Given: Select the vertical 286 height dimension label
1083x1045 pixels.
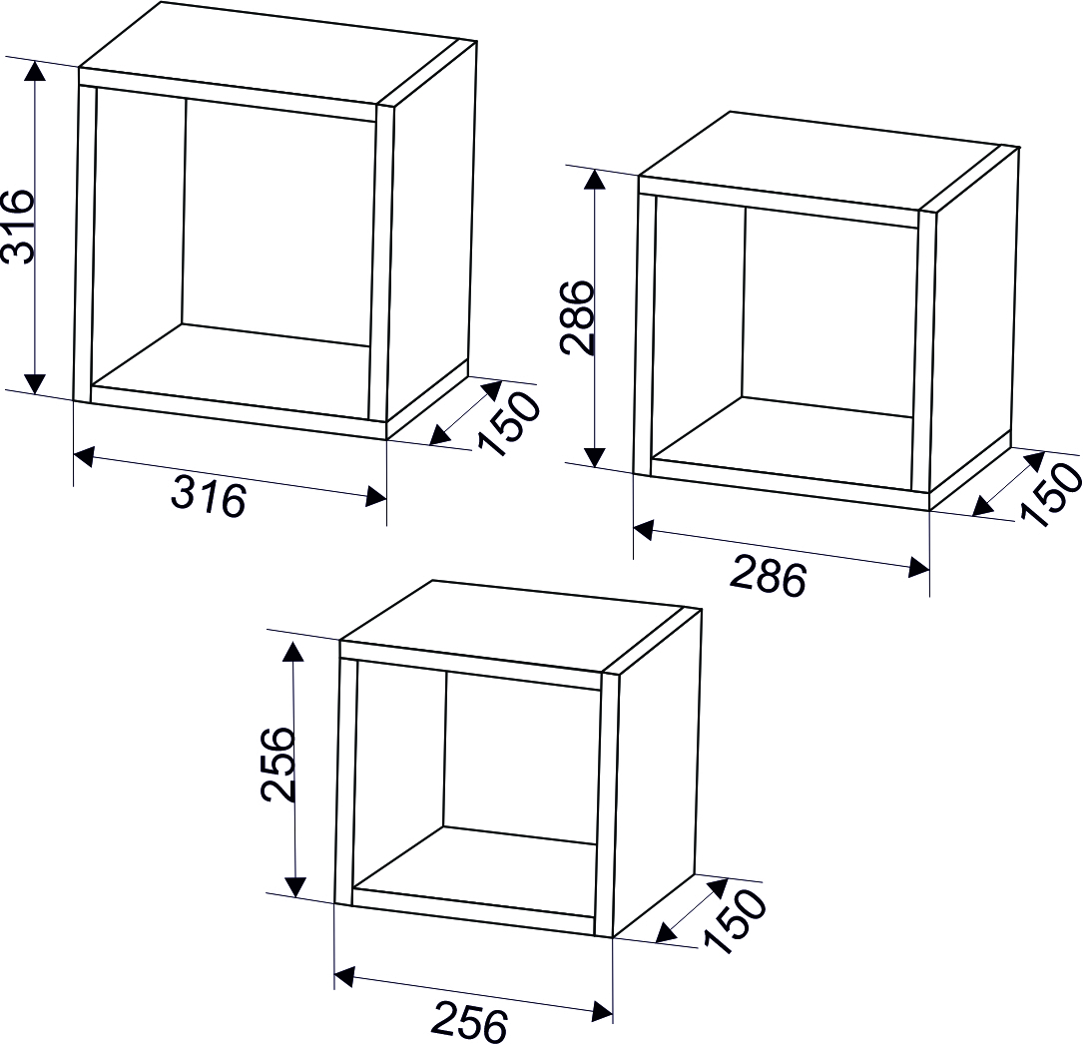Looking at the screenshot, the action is [577, 317].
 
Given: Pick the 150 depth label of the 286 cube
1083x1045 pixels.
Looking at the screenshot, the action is [1049, 493].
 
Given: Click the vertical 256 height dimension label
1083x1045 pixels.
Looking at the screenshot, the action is [278, 764].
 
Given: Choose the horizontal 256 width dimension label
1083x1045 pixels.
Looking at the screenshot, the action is [470, 1022].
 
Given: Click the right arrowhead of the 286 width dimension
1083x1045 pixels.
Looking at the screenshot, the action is [918, 567].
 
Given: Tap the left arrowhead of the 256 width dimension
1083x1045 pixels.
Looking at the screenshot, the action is [344, 977].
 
